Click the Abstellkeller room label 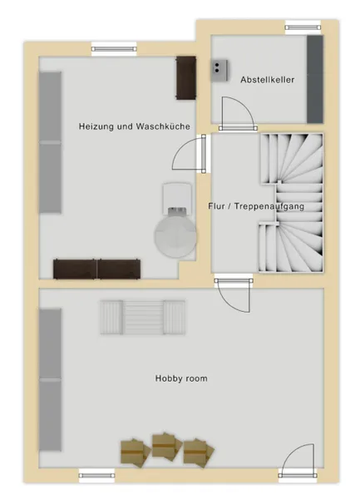[x=267, y=80]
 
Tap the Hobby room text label [x=181, y=378]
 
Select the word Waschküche [x=163, y=126]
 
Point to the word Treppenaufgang [x=269, y=206]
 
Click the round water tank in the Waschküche [x=175, y=236]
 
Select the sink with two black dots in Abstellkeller [x=219, y=70]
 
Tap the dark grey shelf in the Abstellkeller [x=315, y=79]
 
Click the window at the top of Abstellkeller [x=303, y=27]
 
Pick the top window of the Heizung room [x=114, y=49]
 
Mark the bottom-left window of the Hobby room [x=96, y=476]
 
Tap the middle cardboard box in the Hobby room [x=166, y=446]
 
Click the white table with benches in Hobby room [x=143, y=318]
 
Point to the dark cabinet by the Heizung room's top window [x=186, y=78]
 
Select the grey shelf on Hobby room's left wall [x=50, y=380]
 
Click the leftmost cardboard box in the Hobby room [x=136, y=453]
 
